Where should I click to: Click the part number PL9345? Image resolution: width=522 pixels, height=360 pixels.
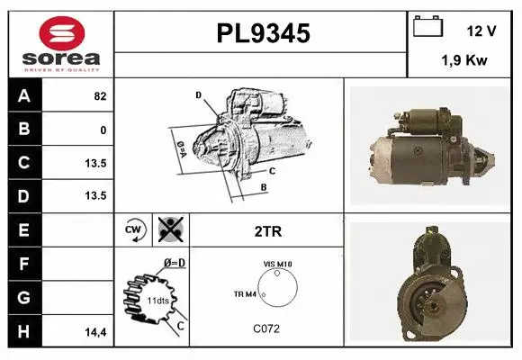click(263, 34)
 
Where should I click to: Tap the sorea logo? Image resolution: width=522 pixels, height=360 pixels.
click(58, 43)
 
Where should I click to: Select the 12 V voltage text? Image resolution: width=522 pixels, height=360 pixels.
click(481, 31)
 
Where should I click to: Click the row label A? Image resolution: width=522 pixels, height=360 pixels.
click(23, 96)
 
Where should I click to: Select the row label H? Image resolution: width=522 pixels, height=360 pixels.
click(23, 330)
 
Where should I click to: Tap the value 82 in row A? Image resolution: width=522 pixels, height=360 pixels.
click(99, 96)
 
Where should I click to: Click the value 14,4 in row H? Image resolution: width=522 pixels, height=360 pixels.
click(96, 331)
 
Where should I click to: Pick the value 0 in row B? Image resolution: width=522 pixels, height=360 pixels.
click(103, 130)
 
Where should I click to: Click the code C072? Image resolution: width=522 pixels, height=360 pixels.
click(265, 328)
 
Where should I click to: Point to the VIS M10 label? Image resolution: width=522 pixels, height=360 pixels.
click(278, 264)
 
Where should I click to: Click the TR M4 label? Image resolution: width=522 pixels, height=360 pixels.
click(244, 294)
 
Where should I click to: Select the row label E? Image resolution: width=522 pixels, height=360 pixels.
click(23, 229)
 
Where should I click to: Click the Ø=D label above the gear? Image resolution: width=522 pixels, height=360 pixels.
click(174, 263)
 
